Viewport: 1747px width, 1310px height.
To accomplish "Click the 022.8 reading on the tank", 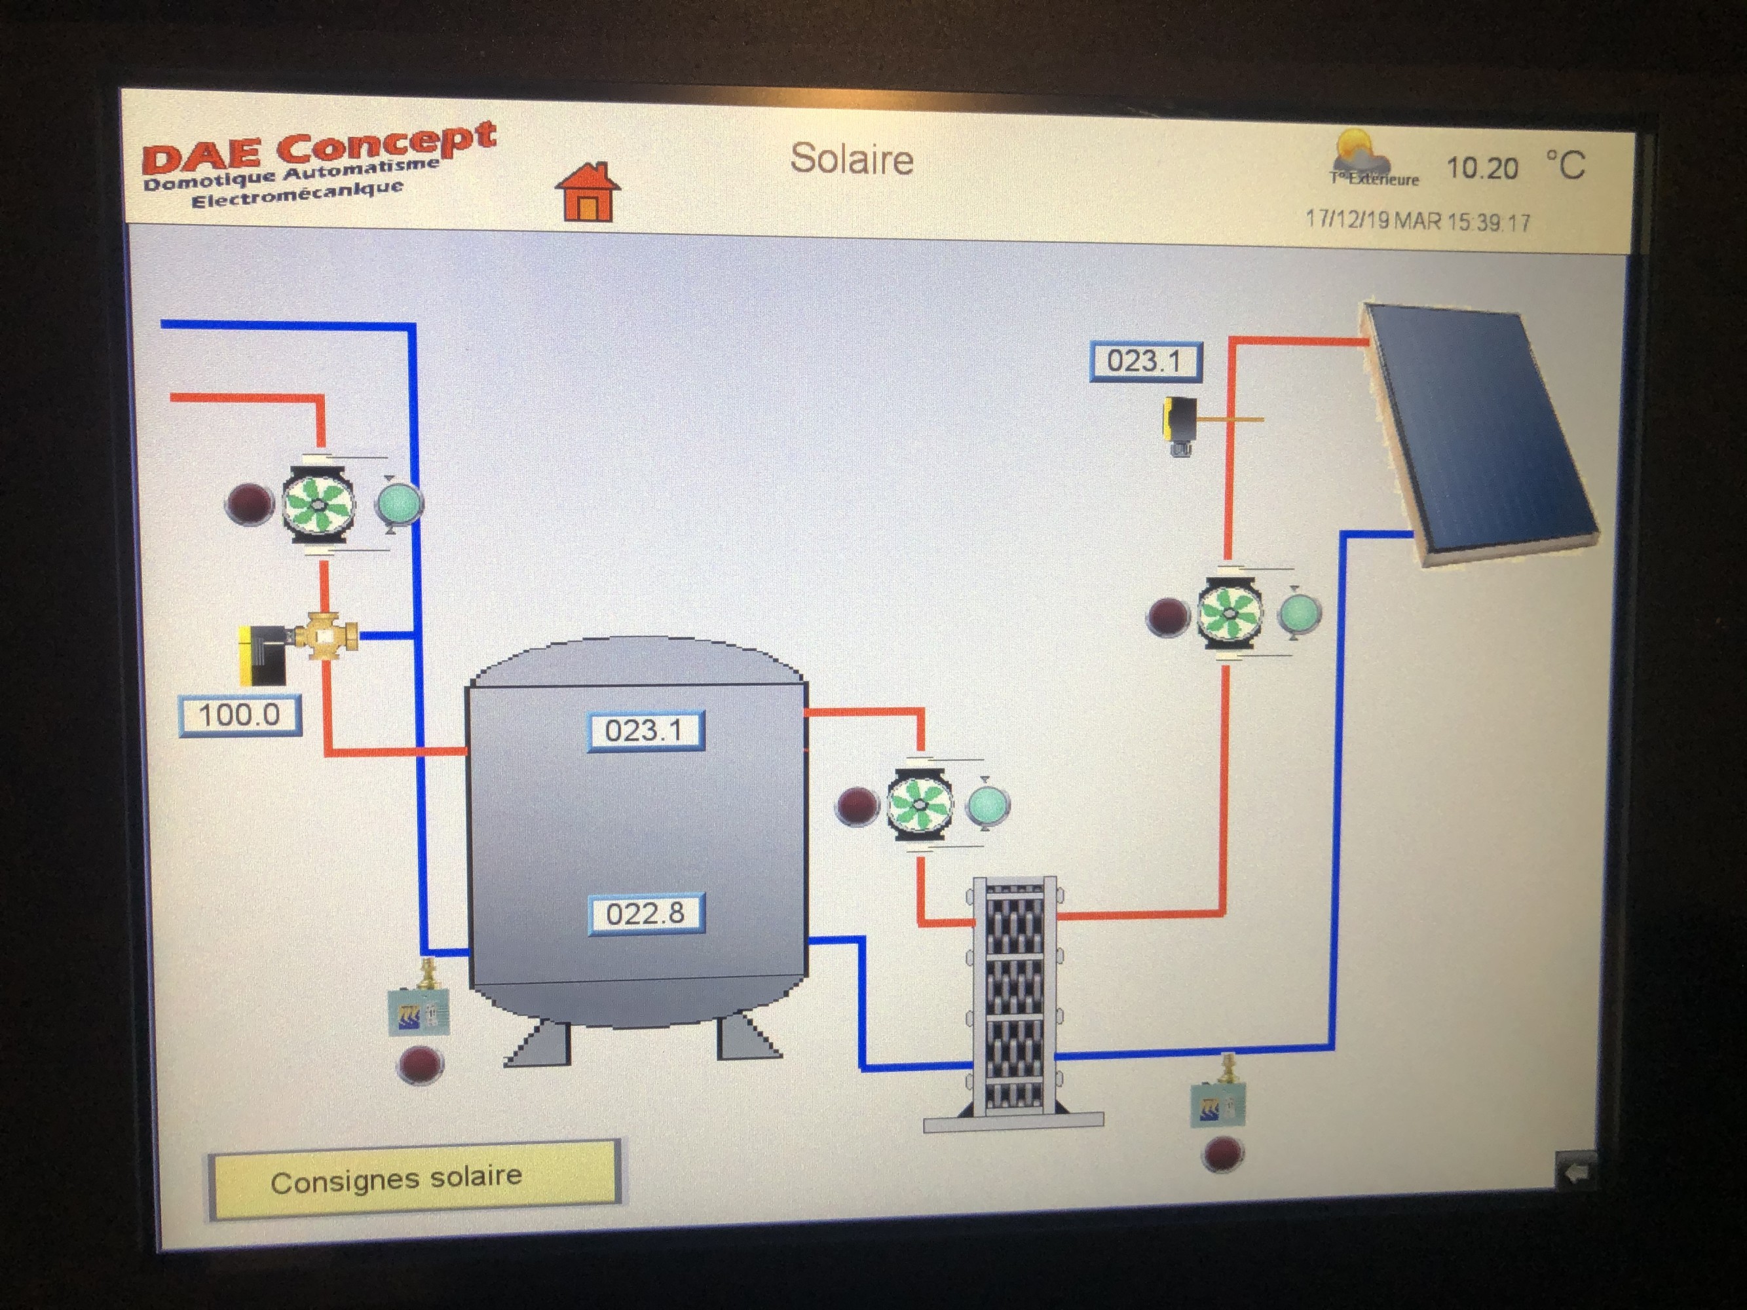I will (645, 914).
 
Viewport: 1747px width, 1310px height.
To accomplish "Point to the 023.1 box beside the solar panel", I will (1145, 362).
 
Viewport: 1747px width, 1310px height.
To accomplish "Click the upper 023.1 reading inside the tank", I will (645, 730).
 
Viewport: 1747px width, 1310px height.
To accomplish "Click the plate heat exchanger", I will (1014, 996).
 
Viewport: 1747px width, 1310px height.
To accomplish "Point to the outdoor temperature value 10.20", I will (1482, 168).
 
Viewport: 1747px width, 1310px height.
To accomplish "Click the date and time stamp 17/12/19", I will (1418, 220).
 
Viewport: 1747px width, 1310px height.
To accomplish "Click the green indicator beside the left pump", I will (399, 503).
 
